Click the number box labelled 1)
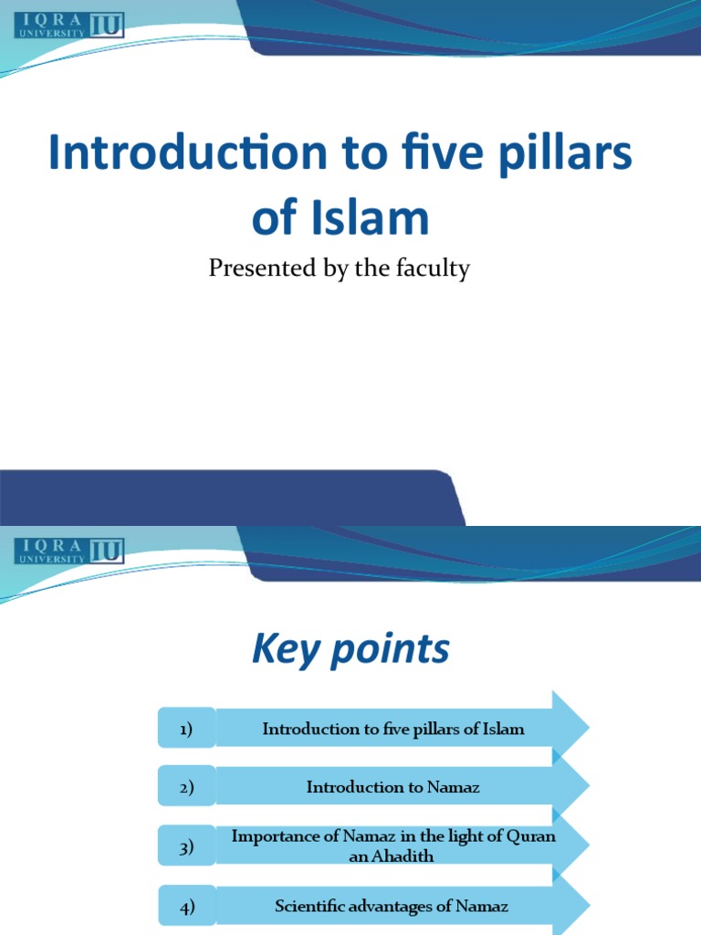(x=186, y=729)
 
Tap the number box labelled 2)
(x=186, y=786)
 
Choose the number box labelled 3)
(x=186, y=848)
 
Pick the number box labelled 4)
(x=186, y=906)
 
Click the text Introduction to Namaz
(x=393, y=786)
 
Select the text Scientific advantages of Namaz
(x=392, y=906)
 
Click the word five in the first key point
(x=380, y=729)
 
